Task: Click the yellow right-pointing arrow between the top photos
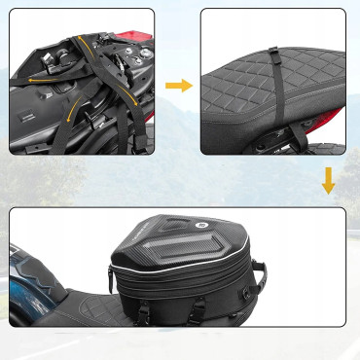(x=178, y=86)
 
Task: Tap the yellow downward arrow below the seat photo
(x=329, y=181)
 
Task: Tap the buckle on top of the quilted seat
(x=273, y=57)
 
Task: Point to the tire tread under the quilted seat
(x=292, y=146)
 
